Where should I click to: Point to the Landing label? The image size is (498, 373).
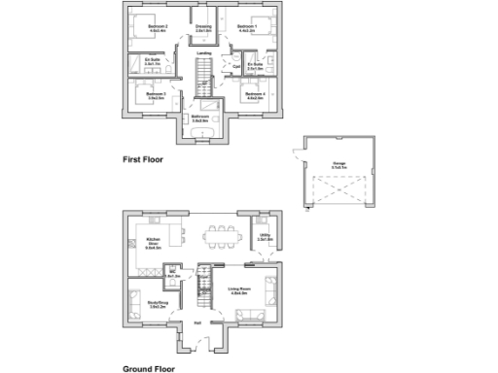[205, 53]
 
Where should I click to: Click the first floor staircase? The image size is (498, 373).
[203, 74]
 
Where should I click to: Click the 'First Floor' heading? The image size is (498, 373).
[144, 159]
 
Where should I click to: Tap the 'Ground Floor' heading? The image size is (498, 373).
[148, 368]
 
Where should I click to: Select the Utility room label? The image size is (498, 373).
[265, 236]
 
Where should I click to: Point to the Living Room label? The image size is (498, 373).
[240, 289]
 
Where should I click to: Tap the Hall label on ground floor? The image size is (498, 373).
[196, 322]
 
